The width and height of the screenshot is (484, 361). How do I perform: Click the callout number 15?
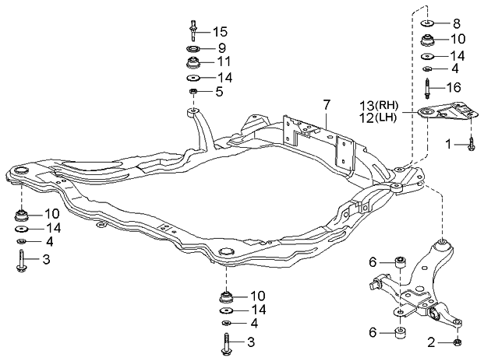[x=219, y=32]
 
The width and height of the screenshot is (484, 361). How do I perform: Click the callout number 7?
[x=327, y=103]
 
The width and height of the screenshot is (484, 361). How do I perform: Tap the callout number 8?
[x=457, y=23]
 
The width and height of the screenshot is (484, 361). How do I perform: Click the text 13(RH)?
[x=379, y=105]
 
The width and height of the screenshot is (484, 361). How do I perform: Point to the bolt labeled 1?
[x=472, y=143]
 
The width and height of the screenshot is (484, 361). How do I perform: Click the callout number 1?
[x=449, y=144]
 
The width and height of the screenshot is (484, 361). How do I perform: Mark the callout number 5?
[x=219, y=93]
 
